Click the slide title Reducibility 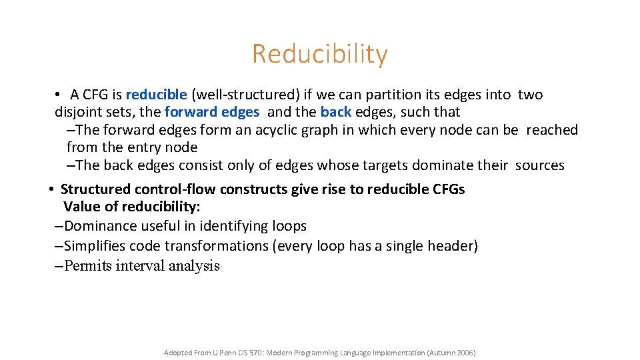click(319, 54)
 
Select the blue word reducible click(156, 95)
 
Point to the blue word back click(335, 112)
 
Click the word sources click(539, 165)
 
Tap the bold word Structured click(96, 189)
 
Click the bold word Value click(81, 207)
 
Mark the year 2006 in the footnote click(463, 353)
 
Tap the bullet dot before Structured click(51, 189)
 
